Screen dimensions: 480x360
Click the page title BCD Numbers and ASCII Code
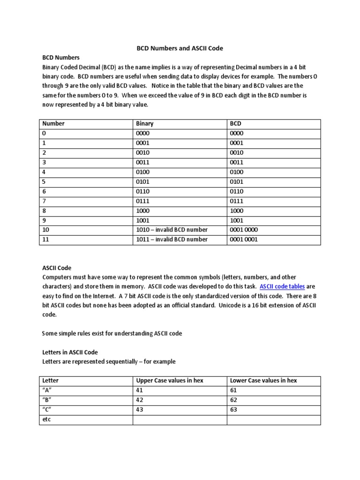click(180, 48)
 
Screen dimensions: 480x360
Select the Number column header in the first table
click(53, 124)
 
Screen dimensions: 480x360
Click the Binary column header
click(145, 124)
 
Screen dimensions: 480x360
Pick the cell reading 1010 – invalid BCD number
click(172, 230)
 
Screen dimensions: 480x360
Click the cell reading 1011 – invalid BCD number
click(172, 240)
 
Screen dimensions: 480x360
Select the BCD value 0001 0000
click(244, 230)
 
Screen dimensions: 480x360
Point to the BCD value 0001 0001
click(244, 240)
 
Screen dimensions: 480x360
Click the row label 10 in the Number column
click(45, 230)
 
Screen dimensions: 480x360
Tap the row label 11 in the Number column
click(45, 240)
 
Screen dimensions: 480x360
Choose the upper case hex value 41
click(139, 390)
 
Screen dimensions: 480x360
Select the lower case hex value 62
click(234, 400)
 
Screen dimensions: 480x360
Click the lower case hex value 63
click(234, 410)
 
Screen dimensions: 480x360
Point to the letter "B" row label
click(47, 400)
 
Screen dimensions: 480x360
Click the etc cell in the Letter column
click(46, 420)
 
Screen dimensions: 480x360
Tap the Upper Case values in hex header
click(169, 380)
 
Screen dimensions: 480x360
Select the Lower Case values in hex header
click(263, 380)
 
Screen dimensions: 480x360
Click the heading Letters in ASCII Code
click(70, 352)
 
